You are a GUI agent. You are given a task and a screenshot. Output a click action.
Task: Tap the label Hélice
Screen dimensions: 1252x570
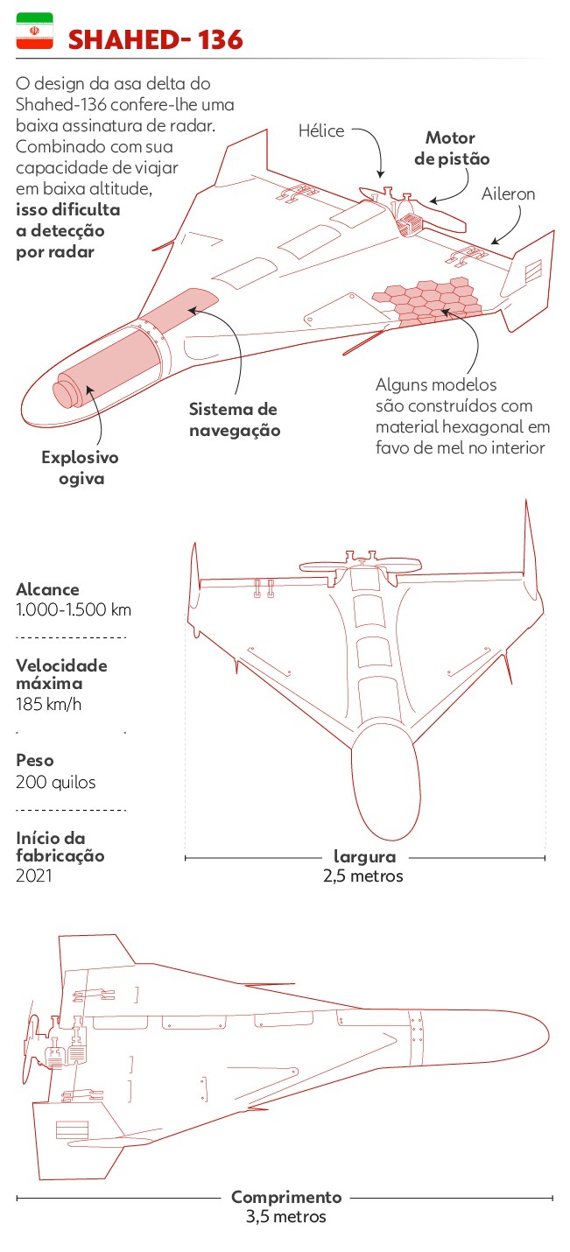[322, 130]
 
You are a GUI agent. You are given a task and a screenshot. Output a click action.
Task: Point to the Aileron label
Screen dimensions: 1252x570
[508, 194]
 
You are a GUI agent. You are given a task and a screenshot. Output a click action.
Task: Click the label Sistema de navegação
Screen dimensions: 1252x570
[234, 419]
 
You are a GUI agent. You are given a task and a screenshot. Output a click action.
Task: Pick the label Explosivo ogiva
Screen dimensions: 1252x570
[80, 468]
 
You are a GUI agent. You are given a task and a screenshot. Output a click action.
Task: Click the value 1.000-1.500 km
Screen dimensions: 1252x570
[74, 610]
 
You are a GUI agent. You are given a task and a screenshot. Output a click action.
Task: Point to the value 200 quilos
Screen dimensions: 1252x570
[56, 782]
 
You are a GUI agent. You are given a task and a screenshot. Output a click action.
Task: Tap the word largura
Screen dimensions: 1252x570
[364, 857]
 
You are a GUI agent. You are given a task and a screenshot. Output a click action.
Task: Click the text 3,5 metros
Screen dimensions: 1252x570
[285, 1216]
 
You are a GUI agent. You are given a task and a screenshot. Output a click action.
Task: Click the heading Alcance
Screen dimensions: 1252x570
[47, 590]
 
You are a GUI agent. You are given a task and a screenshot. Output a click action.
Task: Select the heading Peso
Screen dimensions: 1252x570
[35, 762]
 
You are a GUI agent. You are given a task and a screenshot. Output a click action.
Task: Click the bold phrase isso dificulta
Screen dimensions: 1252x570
[68, 210]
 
